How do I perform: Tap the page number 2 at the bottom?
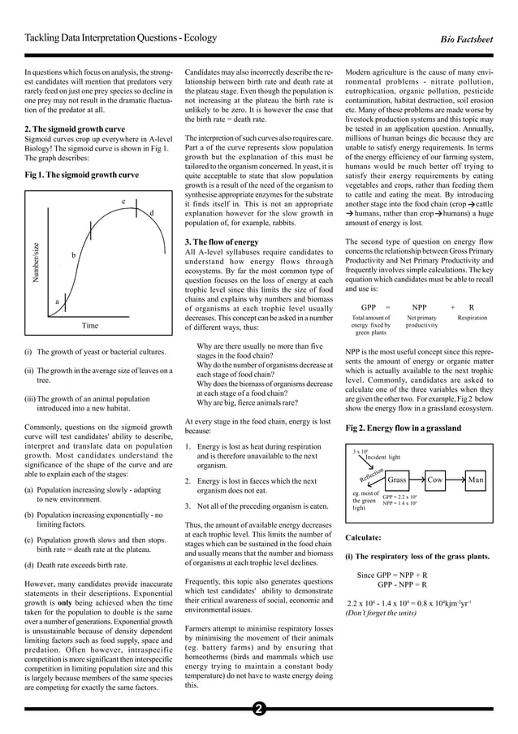(258, 709)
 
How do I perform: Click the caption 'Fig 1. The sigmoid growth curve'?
(81, 174)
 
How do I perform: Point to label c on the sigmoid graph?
(123, 201)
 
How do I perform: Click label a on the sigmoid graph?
(57, 302)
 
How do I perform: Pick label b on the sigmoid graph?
(74, 255)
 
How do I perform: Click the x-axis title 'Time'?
(90, 326)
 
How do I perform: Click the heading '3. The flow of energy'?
(222, 241)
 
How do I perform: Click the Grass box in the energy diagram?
(396, 480)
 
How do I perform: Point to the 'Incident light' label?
(382, 458)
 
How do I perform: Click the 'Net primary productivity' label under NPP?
(421, 321)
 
